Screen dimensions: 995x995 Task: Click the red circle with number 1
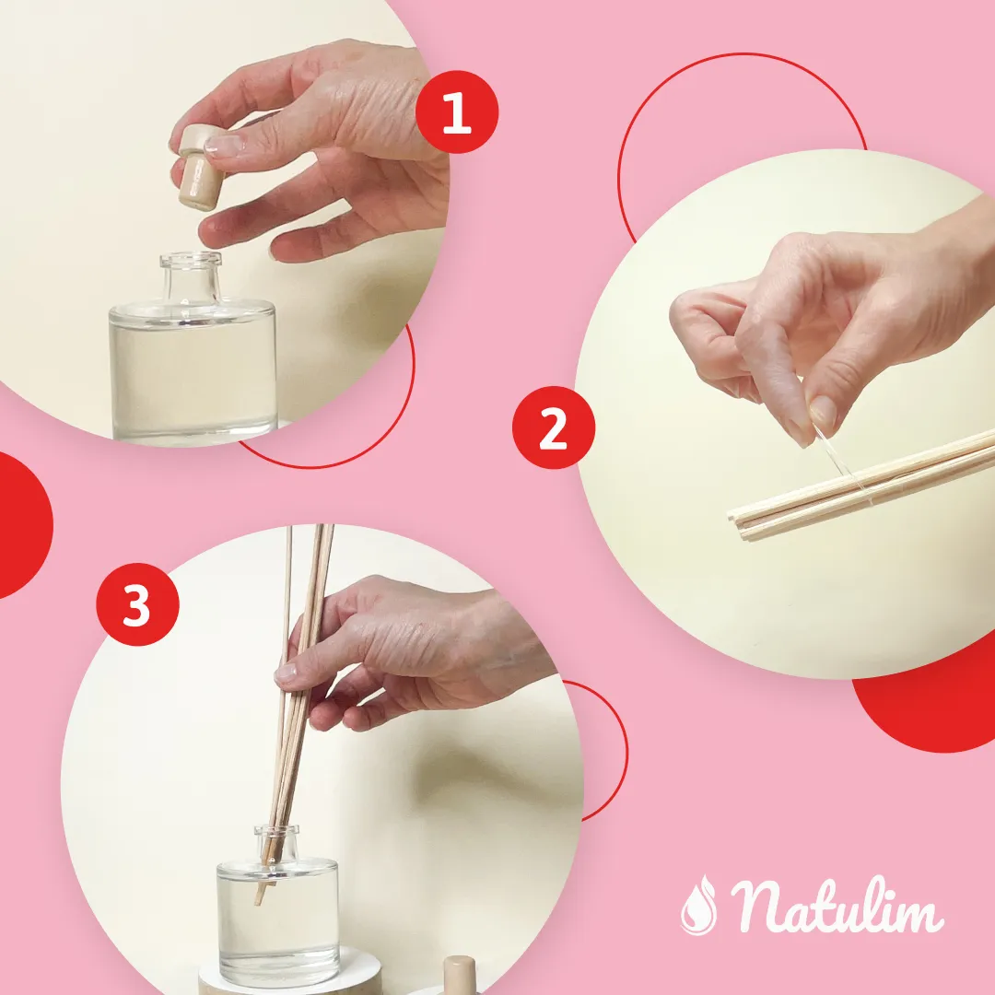(x=457, y=111)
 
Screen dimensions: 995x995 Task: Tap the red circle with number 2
(x=554, y=427)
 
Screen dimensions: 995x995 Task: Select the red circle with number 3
(x=137, y=604)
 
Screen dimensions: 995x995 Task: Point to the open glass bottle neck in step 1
(x=191, y=277)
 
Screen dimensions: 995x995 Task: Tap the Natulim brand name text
(x=837, y=905)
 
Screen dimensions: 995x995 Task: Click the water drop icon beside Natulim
(x=698, y=906)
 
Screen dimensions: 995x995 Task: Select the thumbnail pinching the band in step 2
(x=824, y=411)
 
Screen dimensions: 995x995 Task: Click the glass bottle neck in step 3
(x=276, y=844)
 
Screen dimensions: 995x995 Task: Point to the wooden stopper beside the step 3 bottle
(x=459, y=976)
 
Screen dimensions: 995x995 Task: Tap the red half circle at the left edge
(x=23, y=525)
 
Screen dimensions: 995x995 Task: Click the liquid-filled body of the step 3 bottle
(x=278, y=921)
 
